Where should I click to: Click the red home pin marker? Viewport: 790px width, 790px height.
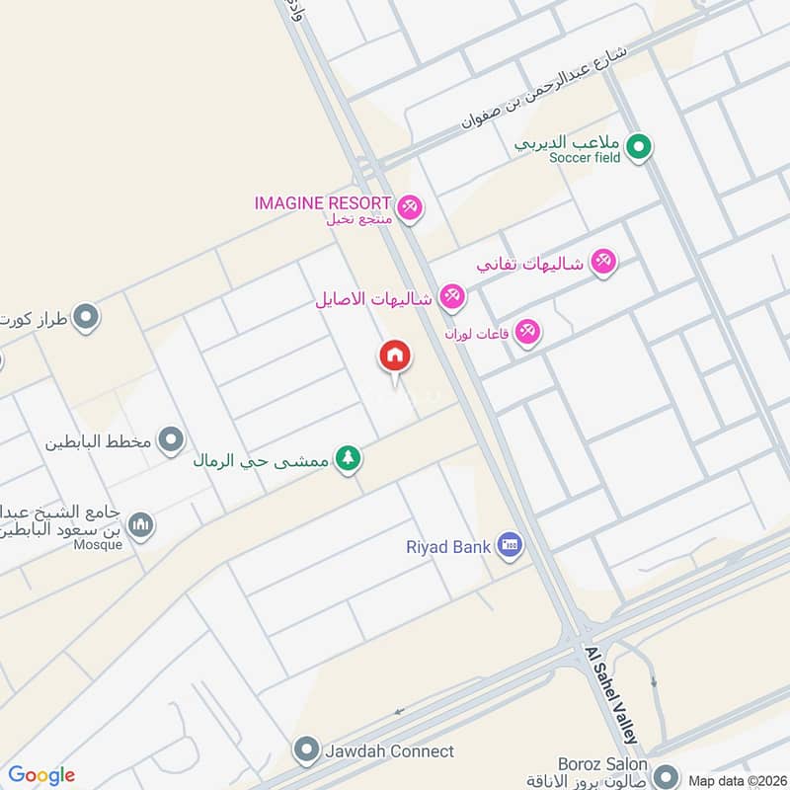[x=395, y=356]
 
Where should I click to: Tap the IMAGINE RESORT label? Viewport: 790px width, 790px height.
[x=323, y=202]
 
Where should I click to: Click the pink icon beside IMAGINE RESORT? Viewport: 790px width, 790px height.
[x=412, y=206]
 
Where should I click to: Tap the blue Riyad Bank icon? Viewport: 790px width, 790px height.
[x=509, y=544]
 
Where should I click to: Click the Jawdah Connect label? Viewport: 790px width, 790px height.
[x=389, y=751]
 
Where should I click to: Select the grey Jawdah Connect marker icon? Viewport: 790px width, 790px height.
[x=308, y=751]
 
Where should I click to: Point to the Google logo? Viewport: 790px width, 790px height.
[x=41, y=775]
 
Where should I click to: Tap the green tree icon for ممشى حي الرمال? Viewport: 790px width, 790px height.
[x=347, y=459]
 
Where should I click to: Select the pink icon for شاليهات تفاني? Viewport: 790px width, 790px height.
[x=602, y=262]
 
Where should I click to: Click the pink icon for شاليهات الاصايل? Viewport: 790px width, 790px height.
[x=451, y=295]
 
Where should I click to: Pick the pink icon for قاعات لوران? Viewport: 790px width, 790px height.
[x=528, y=333]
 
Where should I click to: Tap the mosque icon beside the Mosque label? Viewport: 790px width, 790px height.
[x=141, y=524]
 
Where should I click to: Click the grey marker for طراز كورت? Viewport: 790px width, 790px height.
[x=86, y=317]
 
